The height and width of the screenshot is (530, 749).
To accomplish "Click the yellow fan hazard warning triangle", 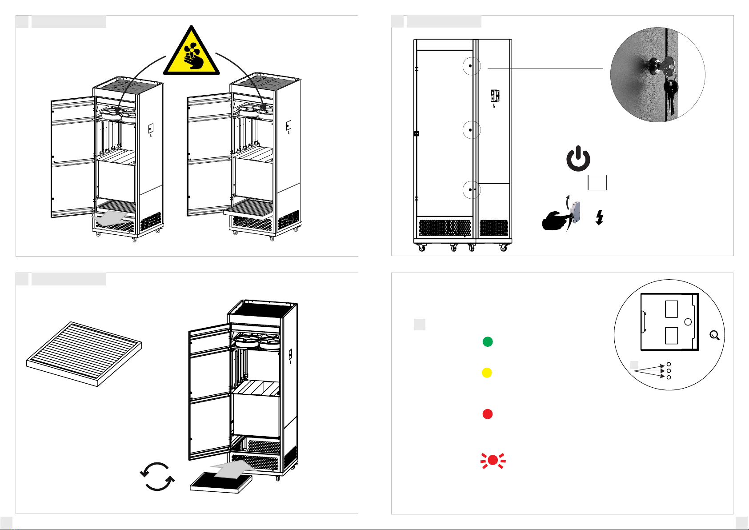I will click(x=192, y=53).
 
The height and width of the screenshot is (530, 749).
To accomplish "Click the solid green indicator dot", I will click(x=488, y=341).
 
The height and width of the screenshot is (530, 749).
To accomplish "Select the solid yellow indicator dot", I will click(x=487, y=373).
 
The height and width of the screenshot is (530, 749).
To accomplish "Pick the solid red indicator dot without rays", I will click(x=488, y=414).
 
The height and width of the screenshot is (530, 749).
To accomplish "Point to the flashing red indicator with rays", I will click(x=493, y=461).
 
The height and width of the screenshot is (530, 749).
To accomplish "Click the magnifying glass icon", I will click(x=715, y=336).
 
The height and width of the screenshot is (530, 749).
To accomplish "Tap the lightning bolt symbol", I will click(x=600, y=217).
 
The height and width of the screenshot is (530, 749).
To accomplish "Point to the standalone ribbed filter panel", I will click(x=84, y=354).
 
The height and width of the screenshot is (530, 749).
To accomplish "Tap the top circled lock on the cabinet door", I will click(x=470, y=66).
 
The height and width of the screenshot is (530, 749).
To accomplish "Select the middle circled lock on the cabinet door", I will click(x=470, y=130).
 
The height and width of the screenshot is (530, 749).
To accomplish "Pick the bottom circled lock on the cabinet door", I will click(x=470, y=190).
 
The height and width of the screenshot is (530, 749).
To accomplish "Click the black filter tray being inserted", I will click(x=221, y=483).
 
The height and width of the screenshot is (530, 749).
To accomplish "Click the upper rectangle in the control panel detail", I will click(x=671, y=309).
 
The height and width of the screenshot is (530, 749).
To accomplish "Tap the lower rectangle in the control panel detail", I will click(x=671, y=336).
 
